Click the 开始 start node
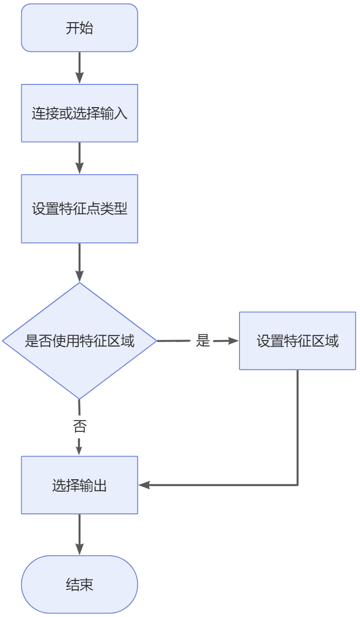coord(79,28)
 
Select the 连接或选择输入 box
coord(79,114)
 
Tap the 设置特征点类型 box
coord(79,209)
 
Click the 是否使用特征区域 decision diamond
coord(79,341)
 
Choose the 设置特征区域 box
coord(297,341)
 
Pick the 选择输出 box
coord(79,485)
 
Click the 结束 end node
coord(79,585)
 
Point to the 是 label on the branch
coord(203,341)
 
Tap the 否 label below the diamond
coord(79,426)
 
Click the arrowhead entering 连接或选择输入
coord(79,78)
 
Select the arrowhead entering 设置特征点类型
coord(79,168)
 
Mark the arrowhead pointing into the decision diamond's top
coord(79,276)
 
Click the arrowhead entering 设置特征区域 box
coord(233,341)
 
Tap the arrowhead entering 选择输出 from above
coord(79,450)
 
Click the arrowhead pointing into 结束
coord(79,549)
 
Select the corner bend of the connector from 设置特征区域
coord(297,485)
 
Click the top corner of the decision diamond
coord(79,283)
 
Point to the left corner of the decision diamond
coord(3,341)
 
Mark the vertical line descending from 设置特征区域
coord(297,427)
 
